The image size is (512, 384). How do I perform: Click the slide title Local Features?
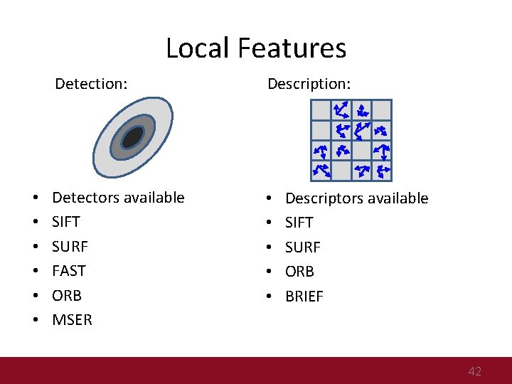pyautogui.click(x=256, y=48)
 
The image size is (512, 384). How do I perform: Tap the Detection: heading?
pyautogui.click(x=91, y=84)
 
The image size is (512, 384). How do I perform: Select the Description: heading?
pyautogui.click(x=309, y=84)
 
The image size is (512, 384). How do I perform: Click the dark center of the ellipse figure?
pyautogui.click(x=133, y=137)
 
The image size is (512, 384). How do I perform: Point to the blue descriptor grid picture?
pyautogui.click(x=351, y=140)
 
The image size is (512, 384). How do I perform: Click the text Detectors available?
pyautogui.click(x=118, y=198)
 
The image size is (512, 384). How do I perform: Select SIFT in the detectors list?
pyautogui.click(x=66, y=222)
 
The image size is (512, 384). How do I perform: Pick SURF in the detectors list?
pyautogui.click(x=70, y=247)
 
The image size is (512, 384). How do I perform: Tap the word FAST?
pyautogui.click(x=68, y=271)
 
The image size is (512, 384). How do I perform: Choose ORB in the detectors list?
pyautogui.click(x=67, y=295)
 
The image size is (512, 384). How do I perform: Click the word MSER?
pyautogui.click(x=72, y=320)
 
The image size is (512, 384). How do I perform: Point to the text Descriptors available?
pyautogui.click(x=356, y=198)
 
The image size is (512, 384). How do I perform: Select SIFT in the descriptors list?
pyautogui.click(x=299, y=223)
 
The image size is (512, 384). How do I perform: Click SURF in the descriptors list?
pyautogui.click(x=302, y=247)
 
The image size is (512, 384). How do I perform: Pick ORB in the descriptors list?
pyautogui.click(x=299, y=272)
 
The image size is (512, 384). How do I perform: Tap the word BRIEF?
pyautogui.click(x=304, y=297)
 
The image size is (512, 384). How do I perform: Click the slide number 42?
pyautogui.click(x=474, y=371)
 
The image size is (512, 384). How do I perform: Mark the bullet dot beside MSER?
pyautogui.click(x=35, y=320)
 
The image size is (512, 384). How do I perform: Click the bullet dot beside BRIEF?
pyautogui.click(x=268, y=297)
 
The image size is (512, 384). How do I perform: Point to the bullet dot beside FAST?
pyautogui.click(x=35, y=271)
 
